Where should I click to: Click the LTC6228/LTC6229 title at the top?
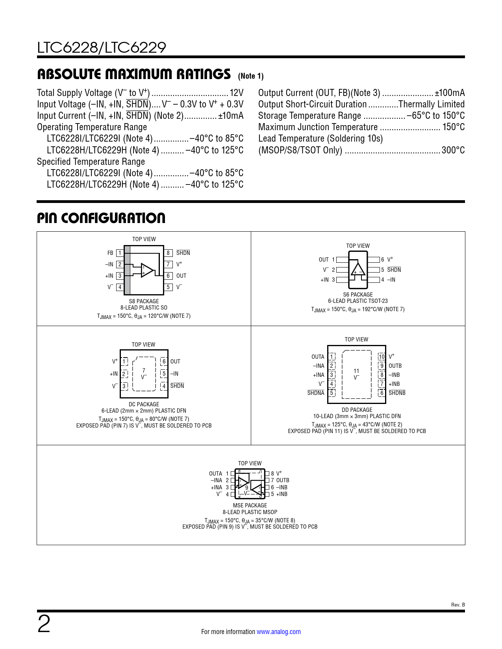pyautogui.click(x=102, y=48)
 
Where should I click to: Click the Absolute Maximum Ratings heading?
pyautogui.click(x=134, y=74)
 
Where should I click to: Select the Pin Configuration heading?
pyautogui.click(x=101, y=218)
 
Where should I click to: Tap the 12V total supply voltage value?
pyautogui.click(x=237, y=93)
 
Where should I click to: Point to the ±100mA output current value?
pyautogui.click(x=450, y=93)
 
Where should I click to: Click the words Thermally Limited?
pyautogui.click(x=432, y=104)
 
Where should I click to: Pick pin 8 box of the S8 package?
pyautogui.click(x=168, y=253)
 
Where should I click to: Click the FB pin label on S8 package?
pyautogui.click(x=110, y=253)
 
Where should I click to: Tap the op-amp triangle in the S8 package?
pyautogui.click(x=146, y=270)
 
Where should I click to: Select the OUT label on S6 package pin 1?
pyautogui.click(x=324, y=260)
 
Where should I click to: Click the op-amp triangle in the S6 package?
pyautogui.click(x=358, y=269)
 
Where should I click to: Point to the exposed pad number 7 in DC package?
pyautogui.click(x=144, y=370)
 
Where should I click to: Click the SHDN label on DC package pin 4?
pyautogui.click(x=177, y=386)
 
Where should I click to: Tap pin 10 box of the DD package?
pyautogui.click(x=382, y=357)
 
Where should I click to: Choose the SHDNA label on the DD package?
pyautogui.click(x=316, y=393)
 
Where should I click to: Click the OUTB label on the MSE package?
pyautogui.click(x=283, y=480)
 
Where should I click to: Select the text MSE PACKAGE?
pyautogui.click(x=250, y=505)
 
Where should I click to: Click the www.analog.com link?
pyautogui.click(x=279, y=632)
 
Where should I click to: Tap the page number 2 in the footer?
pyautogui.click(x=44, y=624)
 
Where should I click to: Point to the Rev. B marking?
pyautogui.click(x=458, y=605)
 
